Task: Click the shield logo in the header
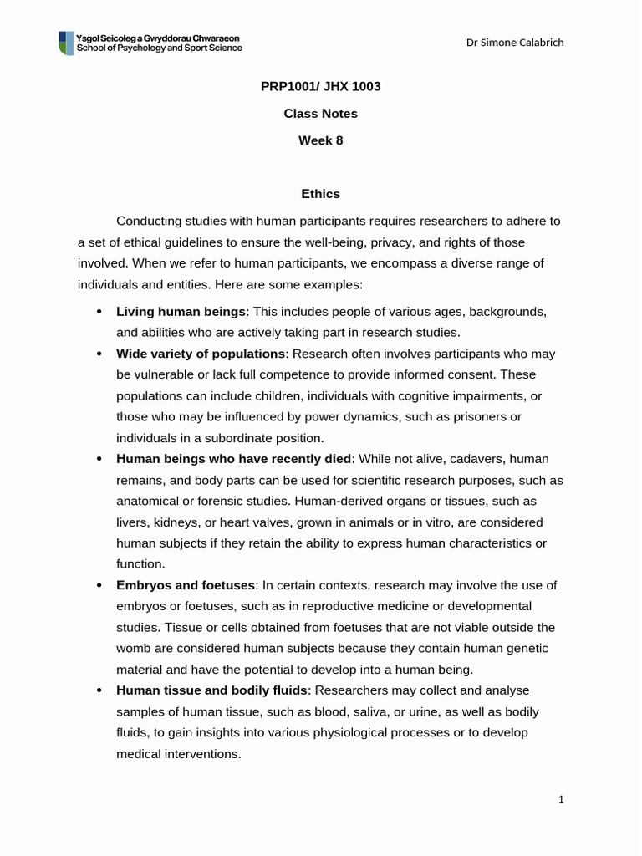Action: [x=66, y=43]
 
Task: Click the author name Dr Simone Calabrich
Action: [x=515, y=43]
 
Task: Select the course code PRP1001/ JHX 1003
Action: [x=321, y=86]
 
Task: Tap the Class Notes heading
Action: [x=321, y=113]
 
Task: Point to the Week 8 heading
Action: [x=321, y=140]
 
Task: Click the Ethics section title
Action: [x=321, y=193]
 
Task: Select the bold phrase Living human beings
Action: [x=181, y=311]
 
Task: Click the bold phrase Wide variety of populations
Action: [x=201, y=354]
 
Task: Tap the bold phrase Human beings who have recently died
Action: [x=234, y=459]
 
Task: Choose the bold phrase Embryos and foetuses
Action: [x=185, y=585]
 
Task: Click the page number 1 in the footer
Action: [x=562, y=800]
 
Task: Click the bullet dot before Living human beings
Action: [x=99, y=312]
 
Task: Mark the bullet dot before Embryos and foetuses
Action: [x=99, y=586]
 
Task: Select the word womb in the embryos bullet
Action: [x=133, y=648]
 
